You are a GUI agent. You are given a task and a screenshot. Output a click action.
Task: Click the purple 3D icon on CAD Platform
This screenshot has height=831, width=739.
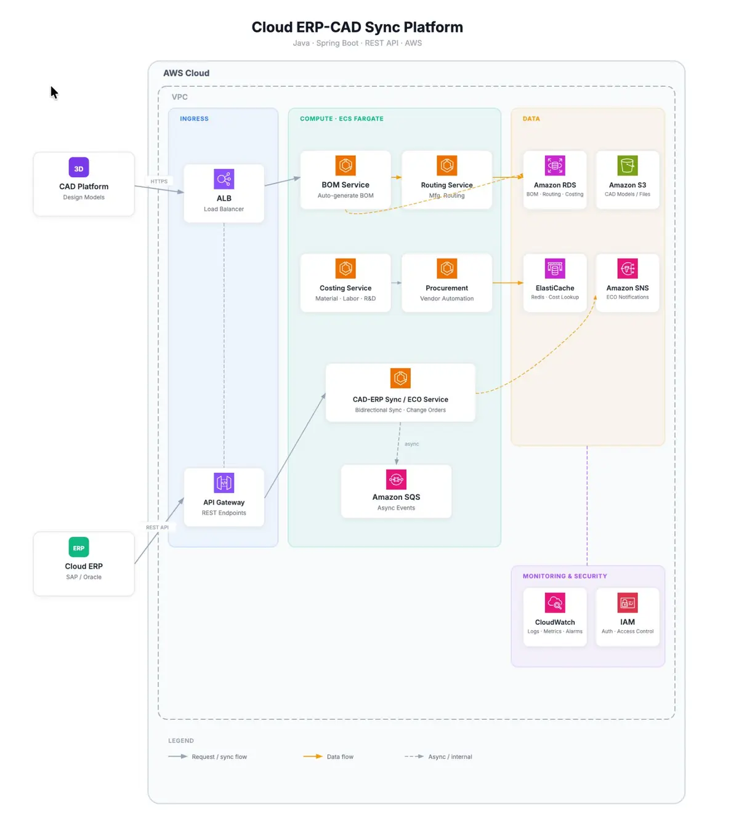click(79, 167)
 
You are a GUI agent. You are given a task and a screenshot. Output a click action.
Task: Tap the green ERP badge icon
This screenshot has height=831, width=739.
click(79, 547)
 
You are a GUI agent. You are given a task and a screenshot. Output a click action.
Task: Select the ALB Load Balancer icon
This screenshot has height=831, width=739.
click(224, 179)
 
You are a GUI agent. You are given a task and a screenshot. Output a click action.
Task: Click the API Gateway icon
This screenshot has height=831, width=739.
click(224, 483)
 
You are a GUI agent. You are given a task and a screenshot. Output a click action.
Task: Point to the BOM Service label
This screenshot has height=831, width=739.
click(345, 185)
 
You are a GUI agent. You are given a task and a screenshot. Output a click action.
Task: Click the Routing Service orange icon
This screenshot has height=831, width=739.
click(447, 166)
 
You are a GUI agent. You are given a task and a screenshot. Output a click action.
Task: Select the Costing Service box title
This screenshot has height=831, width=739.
click(345, 288)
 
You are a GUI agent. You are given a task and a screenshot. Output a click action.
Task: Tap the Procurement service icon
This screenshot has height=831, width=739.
click(447, 268)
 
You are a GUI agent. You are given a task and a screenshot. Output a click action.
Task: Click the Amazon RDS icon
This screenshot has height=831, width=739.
click(555, 166)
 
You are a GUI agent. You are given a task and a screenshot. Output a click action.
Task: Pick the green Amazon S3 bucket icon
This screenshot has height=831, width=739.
click(628, 166)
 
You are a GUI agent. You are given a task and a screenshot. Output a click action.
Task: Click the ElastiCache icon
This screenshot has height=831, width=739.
click(555, 268)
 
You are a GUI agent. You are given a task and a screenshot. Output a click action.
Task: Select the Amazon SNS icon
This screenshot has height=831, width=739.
click(628, 268)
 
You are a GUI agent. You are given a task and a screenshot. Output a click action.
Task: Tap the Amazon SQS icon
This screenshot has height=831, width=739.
click(396, 479)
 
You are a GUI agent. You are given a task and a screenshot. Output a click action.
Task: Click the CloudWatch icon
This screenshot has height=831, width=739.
click(555, 603)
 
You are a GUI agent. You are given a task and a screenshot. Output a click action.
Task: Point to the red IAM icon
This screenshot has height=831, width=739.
click(628, 603)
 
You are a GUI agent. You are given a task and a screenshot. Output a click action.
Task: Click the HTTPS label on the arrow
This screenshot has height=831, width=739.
click(159, 182)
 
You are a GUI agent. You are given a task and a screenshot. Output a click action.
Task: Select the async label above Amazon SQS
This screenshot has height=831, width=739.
click(412, 444)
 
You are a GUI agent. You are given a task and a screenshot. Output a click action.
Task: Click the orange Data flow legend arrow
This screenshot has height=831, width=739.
click(313, 757)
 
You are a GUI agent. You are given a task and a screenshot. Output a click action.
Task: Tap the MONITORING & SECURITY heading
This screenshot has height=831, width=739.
click(565, 576)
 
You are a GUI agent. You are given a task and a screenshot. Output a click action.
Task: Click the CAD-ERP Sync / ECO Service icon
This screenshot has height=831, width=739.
click(400, 378)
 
